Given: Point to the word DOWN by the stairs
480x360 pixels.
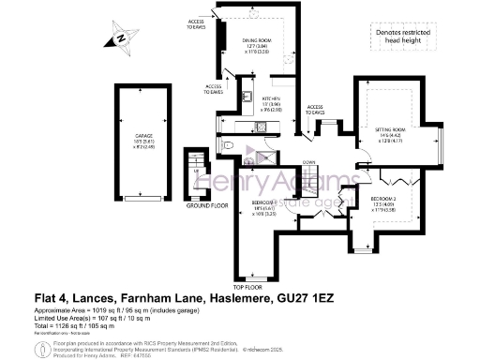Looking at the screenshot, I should pyautogui.click(x=309, y=160).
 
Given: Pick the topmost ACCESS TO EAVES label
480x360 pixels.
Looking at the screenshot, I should pyautogui.click(x=196, y=23).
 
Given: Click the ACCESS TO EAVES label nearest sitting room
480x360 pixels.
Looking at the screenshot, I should pyautogui.click(x=316, y=109).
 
